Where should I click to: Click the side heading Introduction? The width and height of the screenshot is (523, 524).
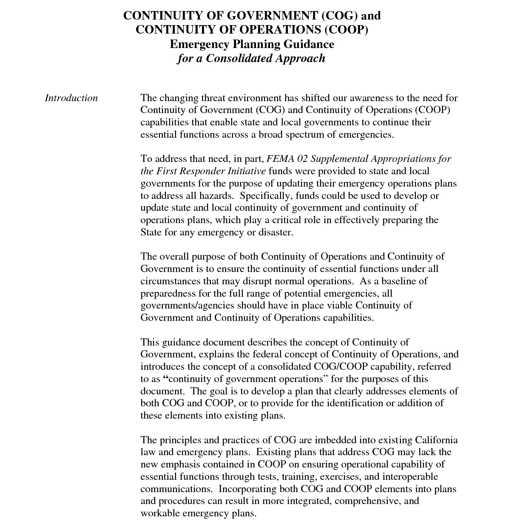coord(71,98)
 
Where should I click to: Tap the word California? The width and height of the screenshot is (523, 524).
coord(436,440)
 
